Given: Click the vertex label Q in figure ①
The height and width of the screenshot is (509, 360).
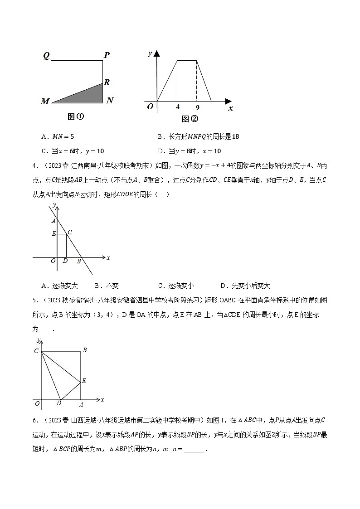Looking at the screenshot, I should coord(46,56).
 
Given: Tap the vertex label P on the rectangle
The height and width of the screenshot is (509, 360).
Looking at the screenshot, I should coord(107,55).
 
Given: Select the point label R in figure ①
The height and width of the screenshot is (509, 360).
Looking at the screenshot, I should coord(107,82).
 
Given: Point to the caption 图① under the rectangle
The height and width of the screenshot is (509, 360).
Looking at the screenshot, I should coord(75,117).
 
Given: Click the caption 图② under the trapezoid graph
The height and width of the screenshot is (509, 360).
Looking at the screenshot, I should coord(190,119).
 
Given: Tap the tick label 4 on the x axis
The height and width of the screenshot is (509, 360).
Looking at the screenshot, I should coord(177,108).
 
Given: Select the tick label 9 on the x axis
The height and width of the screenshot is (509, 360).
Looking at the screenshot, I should coord(197,108).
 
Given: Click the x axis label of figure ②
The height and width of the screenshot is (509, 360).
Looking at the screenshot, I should coord(230,108).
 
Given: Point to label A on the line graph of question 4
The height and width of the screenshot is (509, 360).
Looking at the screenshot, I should coord(53,221).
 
